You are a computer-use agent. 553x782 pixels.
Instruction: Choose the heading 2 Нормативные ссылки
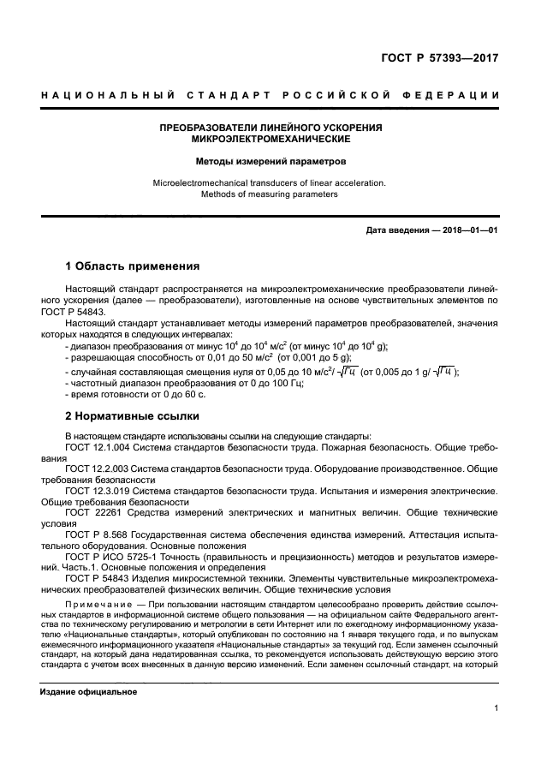click(x=133, y=416)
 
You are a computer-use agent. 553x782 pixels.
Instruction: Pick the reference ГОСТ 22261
click(x=90, y=512)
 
